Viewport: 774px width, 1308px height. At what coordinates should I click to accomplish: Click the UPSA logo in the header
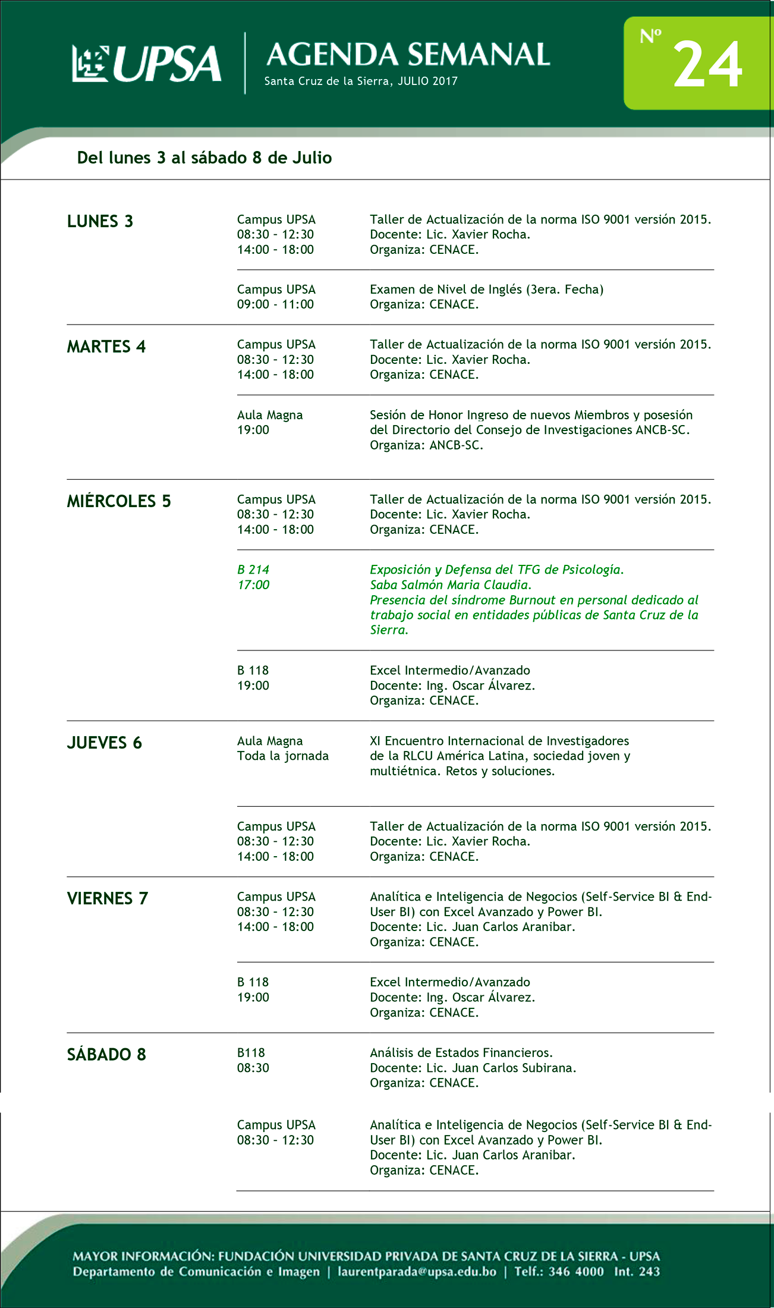click(146, 63)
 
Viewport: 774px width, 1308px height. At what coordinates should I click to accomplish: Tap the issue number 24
click(707, 65)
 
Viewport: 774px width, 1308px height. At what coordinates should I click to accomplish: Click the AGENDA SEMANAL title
click(408, 55)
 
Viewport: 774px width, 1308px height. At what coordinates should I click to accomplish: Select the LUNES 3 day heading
click(100, 221)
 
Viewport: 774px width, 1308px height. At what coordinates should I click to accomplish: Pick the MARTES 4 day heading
click(106, 347)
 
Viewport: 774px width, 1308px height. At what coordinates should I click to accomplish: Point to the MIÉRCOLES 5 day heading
click(119, 501)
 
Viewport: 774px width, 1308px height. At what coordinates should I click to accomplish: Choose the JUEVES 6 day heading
click(105, 743)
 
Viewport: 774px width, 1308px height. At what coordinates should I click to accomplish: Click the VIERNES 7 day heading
click(108, 898)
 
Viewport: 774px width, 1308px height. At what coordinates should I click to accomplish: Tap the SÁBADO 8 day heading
click(106, 1054)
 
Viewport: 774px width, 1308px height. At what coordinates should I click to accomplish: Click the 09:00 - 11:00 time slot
click(275, 304)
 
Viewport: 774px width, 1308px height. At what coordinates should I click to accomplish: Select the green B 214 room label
click(253, 570)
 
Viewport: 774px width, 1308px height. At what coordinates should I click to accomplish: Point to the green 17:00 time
click(253, 585)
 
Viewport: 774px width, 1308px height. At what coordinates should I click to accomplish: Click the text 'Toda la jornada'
click(283, 756)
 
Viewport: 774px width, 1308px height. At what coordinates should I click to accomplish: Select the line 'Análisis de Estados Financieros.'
click(461, 1053)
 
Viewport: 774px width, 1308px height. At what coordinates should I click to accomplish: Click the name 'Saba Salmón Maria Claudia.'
click(451, 585)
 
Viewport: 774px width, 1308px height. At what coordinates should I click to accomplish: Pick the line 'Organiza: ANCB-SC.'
click(426, 445)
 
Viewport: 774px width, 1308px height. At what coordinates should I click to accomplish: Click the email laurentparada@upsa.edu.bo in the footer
click(417, 1272)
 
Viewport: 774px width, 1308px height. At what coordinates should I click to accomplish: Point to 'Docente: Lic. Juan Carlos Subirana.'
click(473, 1068)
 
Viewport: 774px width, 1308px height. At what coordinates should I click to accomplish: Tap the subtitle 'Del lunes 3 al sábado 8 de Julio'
click(204, 158)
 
